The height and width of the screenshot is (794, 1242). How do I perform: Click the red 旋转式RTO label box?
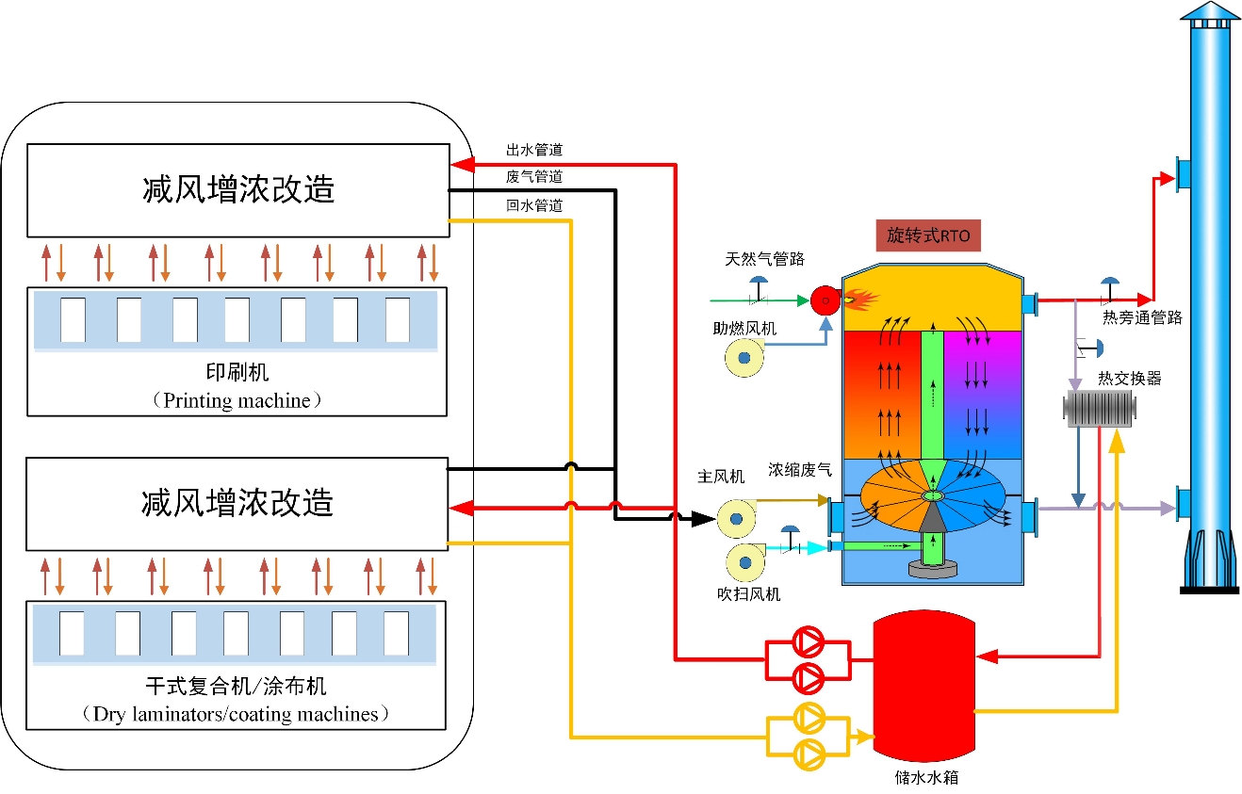[x=929, y=235]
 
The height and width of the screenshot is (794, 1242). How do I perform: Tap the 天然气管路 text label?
[x=764, y=259]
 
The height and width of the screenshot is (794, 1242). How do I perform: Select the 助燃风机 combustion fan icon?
[x=744, y=358]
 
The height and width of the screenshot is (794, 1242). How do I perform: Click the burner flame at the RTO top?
[x=861, y=300]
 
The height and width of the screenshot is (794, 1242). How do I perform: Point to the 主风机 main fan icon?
[x=737, y=517]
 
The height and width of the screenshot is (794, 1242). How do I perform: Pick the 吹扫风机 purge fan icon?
[x=744, y=562]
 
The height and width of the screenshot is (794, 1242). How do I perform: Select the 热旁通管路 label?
[x=1142, y=318]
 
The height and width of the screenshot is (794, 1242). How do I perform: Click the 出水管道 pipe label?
[x=534, y=150]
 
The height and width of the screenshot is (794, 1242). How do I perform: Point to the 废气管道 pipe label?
[x=534, y=177]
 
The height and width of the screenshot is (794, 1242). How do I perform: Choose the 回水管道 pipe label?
[x=534, y=205]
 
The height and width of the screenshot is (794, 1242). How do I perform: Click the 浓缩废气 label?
[x=800, y=469]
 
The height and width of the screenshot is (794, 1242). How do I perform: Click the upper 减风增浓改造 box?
[x=237, y=189]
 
